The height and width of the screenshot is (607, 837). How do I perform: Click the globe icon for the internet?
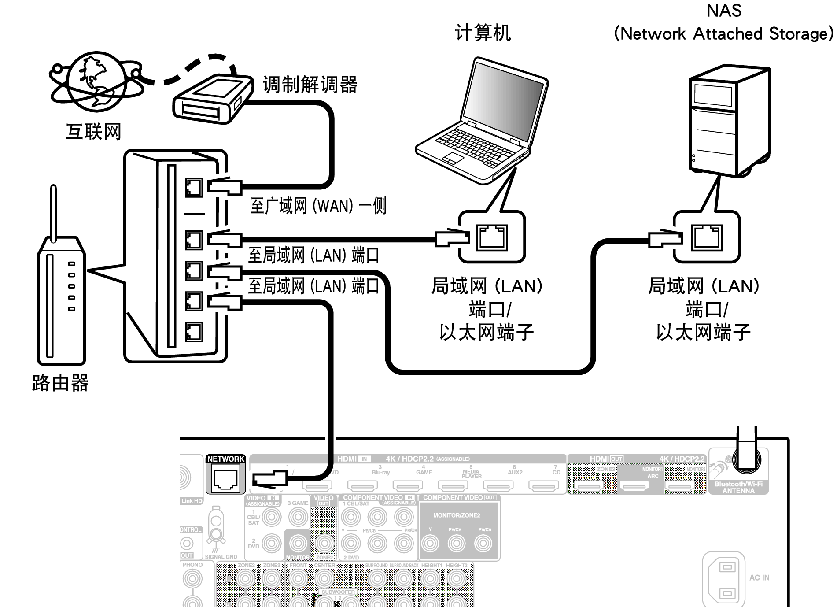(x=96, y=82)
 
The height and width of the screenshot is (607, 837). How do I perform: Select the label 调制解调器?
(x=310, y=85)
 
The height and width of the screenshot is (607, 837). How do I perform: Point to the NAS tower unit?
(x=729, y=121)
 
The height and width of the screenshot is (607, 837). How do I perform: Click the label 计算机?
(x=483, y=33)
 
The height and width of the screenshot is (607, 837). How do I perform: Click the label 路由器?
(x=60, y=383)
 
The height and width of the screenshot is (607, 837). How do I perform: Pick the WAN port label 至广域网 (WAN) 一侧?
(x=318, y=206)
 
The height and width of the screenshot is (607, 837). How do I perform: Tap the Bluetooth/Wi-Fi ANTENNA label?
(x=738, y=487)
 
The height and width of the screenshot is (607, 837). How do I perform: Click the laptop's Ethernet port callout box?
(x=492, y=237)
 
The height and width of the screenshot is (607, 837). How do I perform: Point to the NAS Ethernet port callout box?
(x=706, y=237)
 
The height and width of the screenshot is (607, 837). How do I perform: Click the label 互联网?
(x=93, y=132)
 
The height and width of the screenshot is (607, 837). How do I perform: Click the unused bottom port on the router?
(x=194, y=332)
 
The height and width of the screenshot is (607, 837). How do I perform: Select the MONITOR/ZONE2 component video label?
(x=457, y=515)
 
